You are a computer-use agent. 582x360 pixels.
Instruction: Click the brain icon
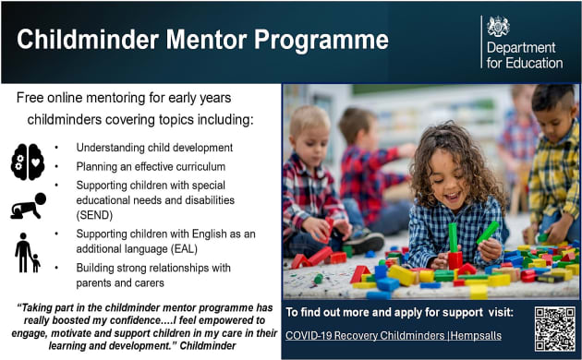(x=28, y=162)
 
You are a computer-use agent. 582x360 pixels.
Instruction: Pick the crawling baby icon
(x=28, y=206)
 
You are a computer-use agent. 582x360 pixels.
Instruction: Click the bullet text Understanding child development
(x=154, y=148)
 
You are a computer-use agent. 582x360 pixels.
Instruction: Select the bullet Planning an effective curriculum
(x=151, y=165)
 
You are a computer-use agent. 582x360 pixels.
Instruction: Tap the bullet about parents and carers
(x=153, y=276)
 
